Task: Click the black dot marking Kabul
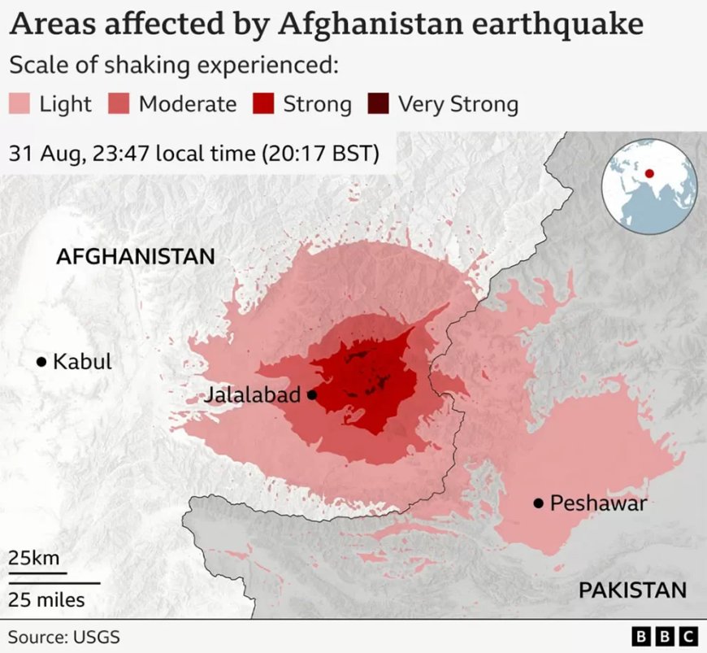(41, 362)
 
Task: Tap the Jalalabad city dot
(312, 395)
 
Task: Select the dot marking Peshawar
(538, 503)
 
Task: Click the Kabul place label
(82, 362)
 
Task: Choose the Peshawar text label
(598, 503)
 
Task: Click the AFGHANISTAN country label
(135, 257)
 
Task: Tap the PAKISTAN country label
(632, 590)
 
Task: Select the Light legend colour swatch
(20, 104)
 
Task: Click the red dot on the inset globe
(649, 173)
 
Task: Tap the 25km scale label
(33, 559)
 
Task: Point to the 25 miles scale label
(46, 600)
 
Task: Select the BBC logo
(664, 635)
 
